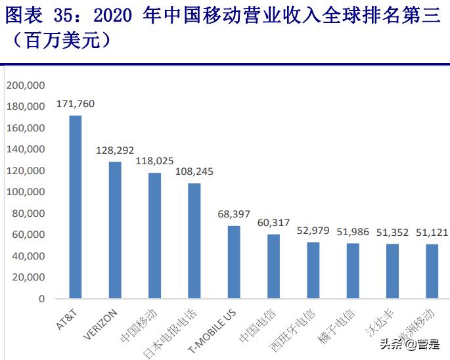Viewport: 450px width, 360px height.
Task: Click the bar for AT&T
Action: tap(76, 207)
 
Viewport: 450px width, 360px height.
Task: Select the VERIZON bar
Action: tap(115, 230)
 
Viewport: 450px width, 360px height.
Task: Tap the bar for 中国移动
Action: tap(154, 235)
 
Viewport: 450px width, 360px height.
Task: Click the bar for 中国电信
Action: tap(273, 266)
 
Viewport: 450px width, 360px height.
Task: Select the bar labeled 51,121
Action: tap(432, 271)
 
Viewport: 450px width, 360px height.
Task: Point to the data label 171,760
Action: tap(76, 104)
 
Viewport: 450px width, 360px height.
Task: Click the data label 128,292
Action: tap(115, 150)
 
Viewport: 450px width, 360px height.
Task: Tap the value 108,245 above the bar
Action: tap(194, 172)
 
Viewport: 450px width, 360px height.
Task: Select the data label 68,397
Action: tap(234, 214)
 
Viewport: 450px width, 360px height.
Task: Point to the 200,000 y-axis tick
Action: tap(25, 85)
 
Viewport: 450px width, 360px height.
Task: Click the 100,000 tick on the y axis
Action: tap(25, 192)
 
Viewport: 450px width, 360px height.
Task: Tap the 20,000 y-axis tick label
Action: tap(28, 277)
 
